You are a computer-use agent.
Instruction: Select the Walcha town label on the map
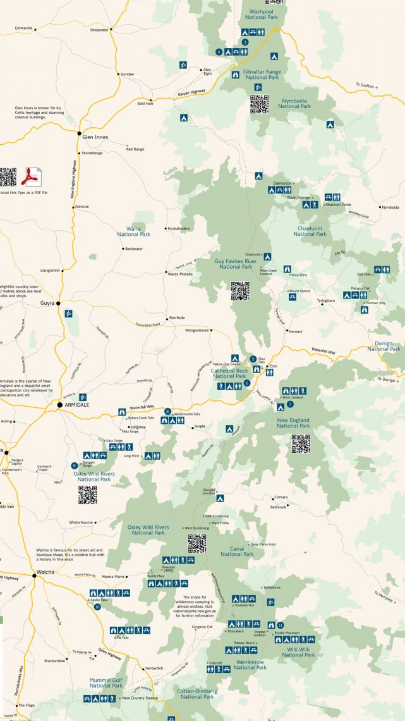point(45,572)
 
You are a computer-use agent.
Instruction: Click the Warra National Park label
point(133,231)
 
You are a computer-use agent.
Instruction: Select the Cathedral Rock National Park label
point(228,373)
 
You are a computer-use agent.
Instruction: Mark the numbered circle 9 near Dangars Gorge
point(75,466)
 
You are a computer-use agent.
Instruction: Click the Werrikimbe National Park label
point(250,664)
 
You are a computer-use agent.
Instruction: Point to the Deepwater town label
point(99,30)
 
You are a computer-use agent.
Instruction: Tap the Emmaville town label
point(23,28)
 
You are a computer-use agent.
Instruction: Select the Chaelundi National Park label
point(310,231)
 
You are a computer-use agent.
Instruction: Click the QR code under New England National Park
point(301,445)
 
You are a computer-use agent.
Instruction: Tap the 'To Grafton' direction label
point(366,85)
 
